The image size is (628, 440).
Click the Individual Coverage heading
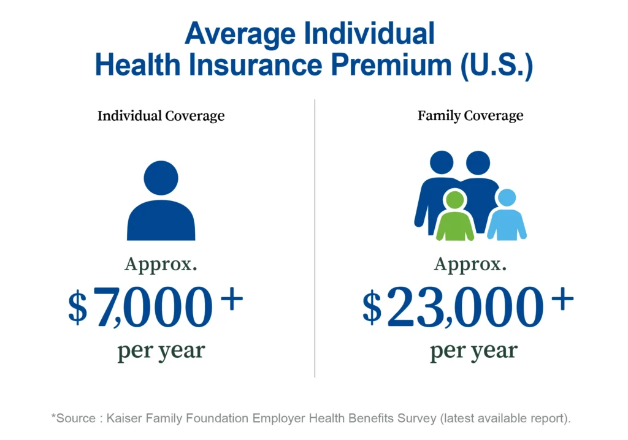point(161,116)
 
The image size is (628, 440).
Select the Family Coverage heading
point(470,116)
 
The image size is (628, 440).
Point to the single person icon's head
point(161,178)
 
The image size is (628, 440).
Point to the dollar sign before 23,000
point(372,308)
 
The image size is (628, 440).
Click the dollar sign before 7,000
point(78,308)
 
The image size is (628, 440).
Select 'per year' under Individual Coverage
point(161,352)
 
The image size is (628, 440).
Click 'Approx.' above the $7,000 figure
point(161,265)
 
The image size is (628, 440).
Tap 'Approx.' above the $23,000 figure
point(470,265)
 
